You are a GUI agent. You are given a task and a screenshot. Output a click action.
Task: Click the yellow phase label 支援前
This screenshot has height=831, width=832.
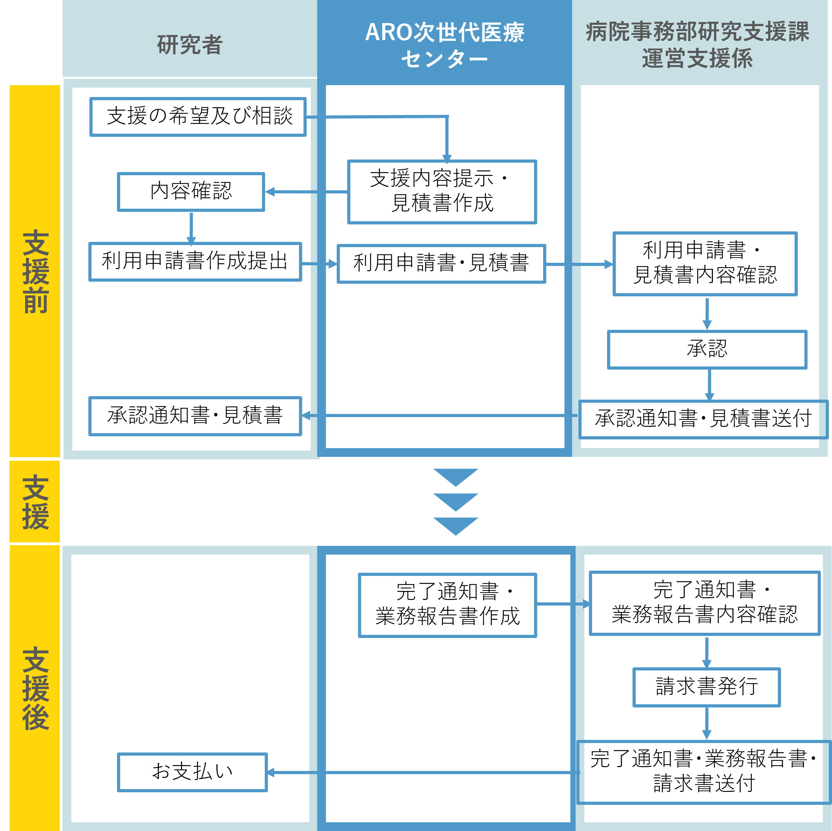coord(35,271)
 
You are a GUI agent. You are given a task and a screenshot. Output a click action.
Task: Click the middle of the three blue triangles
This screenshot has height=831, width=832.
coord(455,502)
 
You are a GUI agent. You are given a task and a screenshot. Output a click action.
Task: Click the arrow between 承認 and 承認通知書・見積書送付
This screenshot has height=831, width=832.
coord(710,385)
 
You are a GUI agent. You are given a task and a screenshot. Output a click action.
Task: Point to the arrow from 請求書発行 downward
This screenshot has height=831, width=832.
coord(707,724)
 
